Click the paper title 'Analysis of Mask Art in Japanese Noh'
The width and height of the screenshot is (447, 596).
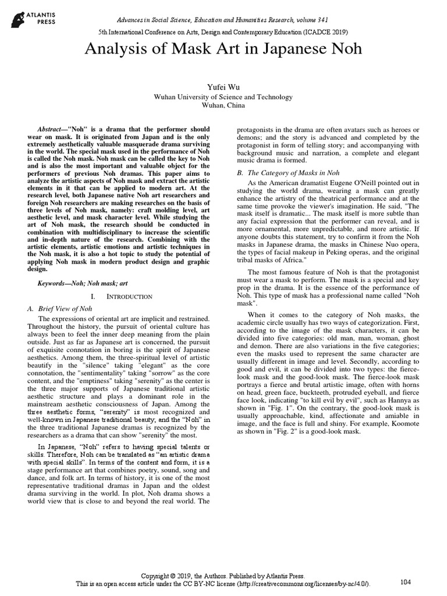(x=223, y=49)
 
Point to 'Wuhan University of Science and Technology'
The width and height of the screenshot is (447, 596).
(x=223, y=97)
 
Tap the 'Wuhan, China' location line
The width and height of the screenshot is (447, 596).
(x=223, y=106)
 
